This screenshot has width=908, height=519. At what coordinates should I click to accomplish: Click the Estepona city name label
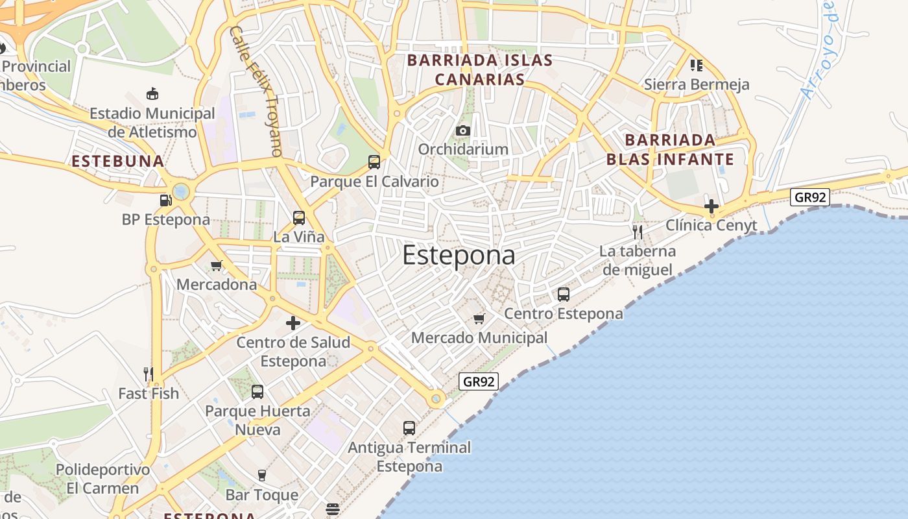coord(459,255)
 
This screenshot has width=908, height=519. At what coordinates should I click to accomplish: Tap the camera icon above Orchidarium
coord(462,130)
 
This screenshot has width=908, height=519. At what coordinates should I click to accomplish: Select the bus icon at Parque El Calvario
coord(374,162)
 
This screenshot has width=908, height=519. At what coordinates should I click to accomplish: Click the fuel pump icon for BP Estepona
coord(166,200)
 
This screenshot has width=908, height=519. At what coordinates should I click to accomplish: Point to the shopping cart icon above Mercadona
coord(217,265)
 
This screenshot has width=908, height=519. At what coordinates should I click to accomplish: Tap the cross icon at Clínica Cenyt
coord(711,207)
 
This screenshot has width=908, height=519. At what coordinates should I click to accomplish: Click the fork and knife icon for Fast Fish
coord(149,374)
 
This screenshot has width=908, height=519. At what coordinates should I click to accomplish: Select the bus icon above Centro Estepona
coord(564,295)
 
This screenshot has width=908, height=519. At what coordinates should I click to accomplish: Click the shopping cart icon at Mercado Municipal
coord(479,319)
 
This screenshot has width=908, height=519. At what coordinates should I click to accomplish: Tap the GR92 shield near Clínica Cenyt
coord(810,197)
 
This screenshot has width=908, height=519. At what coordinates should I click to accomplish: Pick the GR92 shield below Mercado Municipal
coord(479,381)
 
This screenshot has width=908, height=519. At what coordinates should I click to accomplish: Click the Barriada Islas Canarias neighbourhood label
coord(479,70)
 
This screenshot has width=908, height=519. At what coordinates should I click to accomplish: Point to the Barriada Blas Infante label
coord(670,149)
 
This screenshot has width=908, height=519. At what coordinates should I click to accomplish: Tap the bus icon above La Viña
coord(299,218)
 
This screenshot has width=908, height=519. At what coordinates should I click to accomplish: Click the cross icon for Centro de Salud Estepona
coord(293,323)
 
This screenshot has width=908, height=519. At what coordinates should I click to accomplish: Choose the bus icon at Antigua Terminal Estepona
coord(409,428)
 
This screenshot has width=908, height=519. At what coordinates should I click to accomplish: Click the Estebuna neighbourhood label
coord(117,162)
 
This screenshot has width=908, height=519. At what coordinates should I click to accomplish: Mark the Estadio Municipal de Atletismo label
coord(152,123)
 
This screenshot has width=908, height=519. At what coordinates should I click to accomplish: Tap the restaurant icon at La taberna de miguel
coord(638,232)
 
